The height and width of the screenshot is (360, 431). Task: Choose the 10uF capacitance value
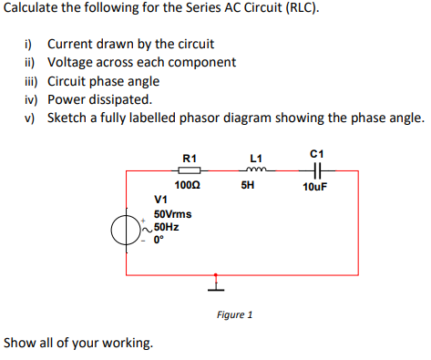click(x=314, y=187)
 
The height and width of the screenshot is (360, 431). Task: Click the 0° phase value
click(x=159, y=242)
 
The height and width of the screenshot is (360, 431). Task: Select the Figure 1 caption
click(x=234, y=315)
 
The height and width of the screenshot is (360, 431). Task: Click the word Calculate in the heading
click(x=34, y=11)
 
